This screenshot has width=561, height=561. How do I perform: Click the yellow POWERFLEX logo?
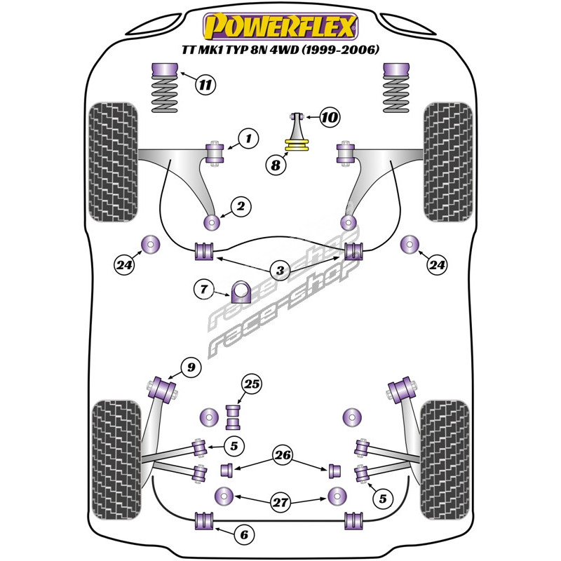click(x=280, y=27)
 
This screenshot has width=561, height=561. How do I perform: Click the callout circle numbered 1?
click(x=248, y=138)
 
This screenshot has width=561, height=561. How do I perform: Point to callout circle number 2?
click(x=241, y=206)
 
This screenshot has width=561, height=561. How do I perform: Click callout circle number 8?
click(x=276, y=165)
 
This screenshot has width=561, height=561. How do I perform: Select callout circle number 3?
click(x=280, y=271)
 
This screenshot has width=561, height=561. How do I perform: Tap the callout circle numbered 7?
click(x=204, y=288)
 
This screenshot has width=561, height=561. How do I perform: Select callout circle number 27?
click(x=280, y=502)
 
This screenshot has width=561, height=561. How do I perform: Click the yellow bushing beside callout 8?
click(x=297, y=146)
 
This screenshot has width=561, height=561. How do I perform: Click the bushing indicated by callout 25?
click(x=234, y=416)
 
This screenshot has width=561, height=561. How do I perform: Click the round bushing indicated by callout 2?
click(x=210, y=222)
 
